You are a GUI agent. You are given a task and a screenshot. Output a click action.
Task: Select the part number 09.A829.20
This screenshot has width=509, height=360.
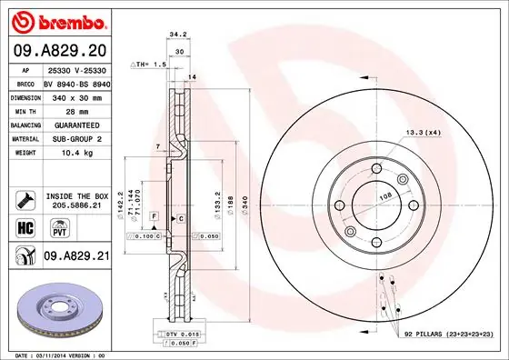[x=58, y=50]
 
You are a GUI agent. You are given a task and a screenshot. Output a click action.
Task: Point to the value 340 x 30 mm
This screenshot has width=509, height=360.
[x=75, y=95]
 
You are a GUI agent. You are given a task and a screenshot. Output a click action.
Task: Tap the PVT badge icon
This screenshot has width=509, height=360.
[x=52, y=227]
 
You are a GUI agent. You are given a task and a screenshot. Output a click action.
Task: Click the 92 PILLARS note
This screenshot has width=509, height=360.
[x=446, y=335]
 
